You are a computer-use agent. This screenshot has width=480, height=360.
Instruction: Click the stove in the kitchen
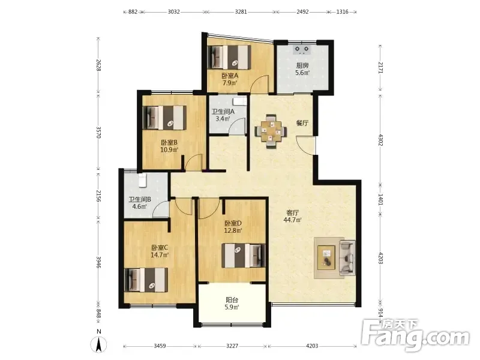302,50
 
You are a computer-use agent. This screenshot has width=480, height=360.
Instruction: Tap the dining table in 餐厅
271,131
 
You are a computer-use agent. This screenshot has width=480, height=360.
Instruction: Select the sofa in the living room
347,257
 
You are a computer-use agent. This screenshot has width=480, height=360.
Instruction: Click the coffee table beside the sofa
326,257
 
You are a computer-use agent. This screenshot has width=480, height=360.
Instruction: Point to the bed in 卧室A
229,57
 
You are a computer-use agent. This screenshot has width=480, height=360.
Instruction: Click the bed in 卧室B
164,118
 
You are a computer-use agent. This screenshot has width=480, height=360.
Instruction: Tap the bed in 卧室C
146,280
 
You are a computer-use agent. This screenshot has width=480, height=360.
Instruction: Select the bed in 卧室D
244,256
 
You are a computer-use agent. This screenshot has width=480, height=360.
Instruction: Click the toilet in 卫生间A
239,101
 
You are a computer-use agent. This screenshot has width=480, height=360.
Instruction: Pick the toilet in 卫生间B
143,181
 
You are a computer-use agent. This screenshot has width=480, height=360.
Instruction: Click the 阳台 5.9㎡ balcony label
232,304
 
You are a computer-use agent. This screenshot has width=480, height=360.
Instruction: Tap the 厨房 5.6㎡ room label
302,69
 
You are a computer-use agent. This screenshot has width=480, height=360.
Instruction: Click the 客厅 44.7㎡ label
293,216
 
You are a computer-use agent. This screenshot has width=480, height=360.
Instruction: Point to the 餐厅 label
302,123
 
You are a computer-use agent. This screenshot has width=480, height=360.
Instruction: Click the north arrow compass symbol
98,341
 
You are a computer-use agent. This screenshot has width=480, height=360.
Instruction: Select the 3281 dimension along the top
241,12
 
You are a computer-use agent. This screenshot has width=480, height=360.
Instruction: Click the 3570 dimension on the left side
98,132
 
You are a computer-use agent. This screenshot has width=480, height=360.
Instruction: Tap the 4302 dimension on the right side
380,140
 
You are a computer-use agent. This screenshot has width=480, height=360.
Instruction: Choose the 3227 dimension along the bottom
232,346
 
